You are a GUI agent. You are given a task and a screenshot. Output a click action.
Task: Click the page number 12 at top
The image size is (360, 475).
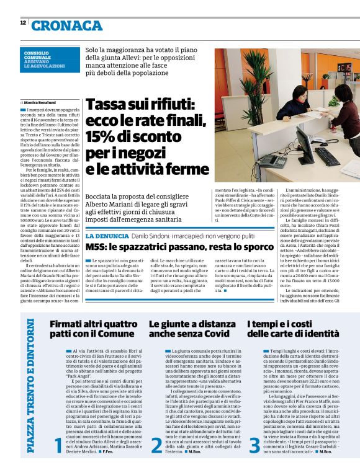22,22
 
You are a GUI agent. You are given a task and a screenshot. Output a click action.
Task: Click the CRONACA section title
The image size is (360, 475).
67,25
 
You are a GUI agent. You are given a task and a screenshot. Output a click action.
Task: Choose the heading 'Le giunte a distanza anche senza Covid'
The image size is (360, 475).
189,329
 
